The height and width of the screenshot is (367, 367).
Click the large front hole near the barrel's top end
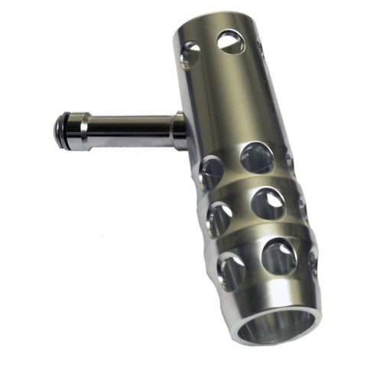230,41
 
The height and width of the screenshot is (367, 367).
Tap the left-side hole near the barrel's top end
190,56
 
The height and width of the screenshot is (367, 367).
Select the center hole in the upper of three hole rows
256,158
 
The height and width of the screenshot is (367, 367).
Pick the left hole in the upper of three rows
212,171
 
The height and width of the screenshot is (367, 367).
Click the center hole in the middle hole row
267,205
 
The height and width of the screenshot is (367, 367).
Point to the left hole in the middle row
220,218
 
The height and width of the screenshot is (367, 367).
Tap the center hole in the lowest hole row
278,256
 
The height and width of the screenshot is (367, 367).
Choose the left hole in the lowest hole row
230,269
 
